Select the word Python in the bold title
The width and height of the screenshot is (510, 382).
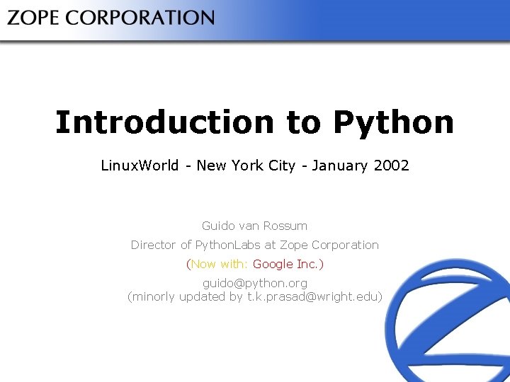pyautogui.click(x=393, y=122)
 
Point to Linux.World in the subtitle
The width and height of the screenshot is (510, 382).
pyautogui.click(x=140, y=166)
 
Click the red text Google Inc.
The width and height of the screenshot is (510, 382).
pyautogui.click(x=288, y=264)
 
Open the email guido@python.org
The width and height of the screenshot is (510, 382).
pyautogui.click(x=255, y=283)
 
